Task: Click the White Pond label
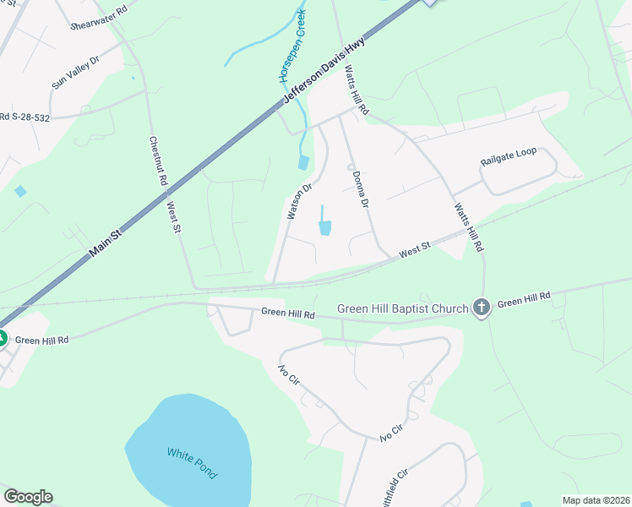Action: (x=192, y=463)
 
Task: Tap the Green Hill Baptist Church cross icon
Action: (x=482, y=308)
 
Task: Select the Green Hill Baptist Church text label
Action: (x=402, y=308)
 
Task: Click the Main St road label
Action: (x=106, y=241)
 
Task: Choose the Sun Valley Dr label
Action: (x=75, y=73)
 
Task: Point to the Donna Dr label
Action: (x=361, y=189)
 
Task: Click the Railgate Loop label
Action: (x=509, y=151)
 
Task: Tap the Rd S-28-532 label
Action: (x=25, y=117)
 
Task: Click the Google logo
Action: (x=28, y=497)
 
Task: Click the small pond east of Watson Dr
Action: (x=324, y=226)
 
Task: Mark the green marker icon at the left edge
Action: (x=2, y=339)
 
